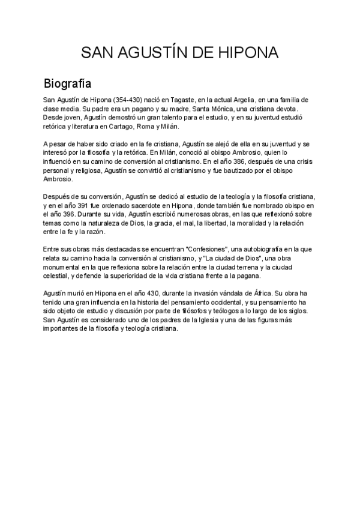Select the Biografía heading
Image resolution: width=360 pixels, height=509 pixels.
coord(67,82)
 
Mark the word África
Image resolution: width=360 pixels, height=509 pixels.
coord(256,294)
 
